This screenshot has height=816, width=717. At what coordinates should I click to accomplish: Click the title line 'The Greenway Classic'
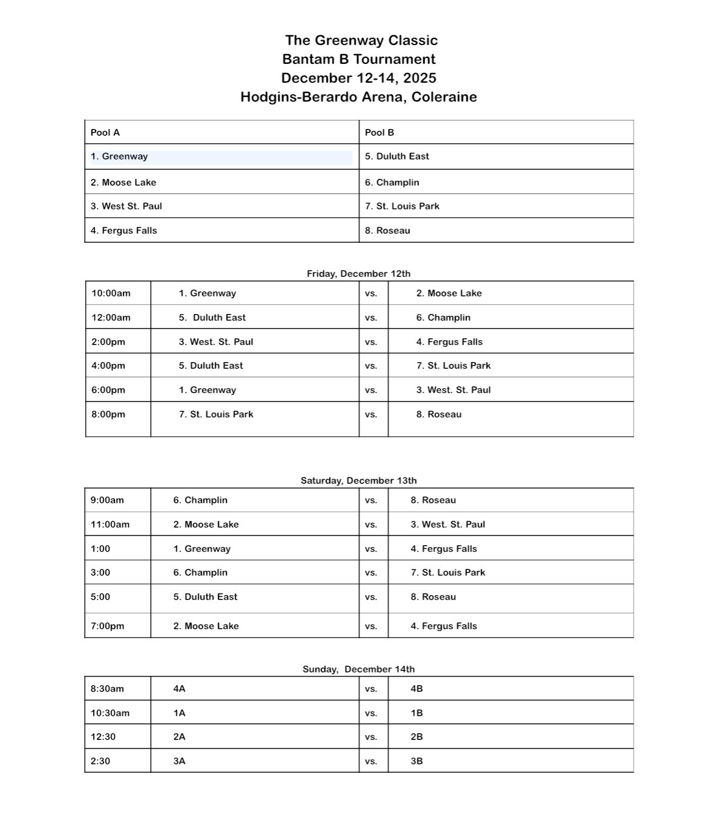click(361, 40)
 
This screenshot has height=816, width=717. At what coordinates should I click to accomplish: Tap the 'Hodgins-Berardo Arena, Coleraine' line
click(358, 97)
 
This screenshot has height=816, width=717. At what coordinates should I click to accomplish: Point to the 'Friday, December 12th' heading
click(358, 274)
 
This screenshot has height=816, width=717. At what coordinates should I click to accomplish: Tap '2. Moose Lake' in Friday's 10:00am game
click(449, 293)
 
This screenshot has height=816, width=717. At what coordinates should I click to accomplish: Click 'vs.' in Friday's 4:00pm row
click(371, 366)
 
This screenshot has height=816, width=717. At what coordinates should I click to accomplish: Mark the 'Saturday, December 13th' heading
click(358, 481)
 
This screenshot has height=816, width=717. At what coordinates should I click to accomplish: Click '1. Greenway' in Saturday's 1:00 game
click(202, 549)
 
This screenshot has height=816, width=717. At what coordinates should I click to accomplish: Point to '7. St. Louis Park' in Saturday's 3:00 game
click(448, 573)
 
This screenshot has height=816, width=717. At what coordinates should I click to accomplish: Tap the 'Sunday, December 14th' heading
click(358, 669)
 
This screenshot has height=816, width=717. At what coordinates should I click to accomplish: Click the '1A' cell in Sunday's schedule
click(179, 713)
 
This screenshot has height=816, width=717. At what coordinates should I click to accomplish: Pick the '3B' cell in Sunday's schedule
click(417, 761)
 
